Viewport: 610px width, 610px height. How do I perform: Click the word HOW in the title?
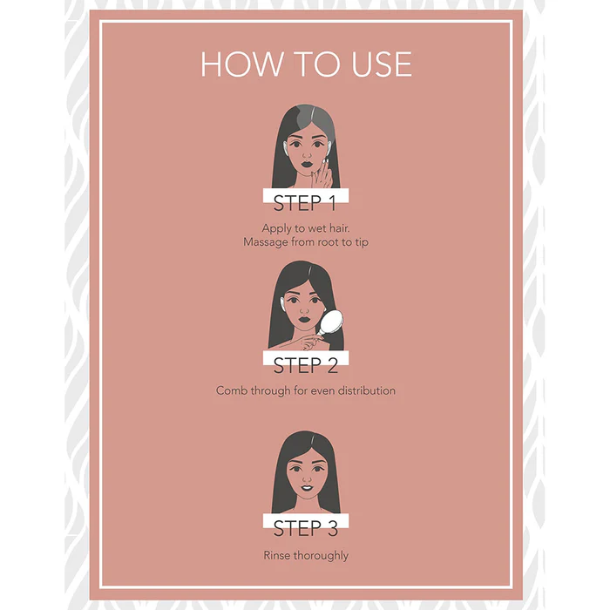tap(242, 64)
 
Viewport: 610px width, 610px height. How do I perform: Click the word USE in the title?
tap(382, 64)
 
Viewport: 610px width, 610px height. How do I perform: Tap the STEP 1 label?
tap(305, 203)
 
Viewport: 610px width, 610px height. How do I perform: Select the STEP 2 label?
tap(306, 366)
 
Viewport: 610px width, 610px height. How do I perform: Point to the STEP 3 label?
tap(306, 528)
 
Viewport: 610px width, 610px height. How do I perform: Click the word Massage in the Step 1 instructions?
tap(266, 242)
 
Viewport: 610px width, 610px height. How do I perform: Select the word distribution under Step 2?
tap(367, 390)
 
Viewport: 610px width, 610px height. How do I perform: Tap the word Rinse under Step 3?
tap(276, 555)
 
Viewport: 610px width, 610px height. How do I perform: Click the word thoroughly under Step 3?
tap(321, 556)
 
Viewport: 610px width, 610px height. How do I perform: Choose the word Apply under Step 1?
tap(277, 228)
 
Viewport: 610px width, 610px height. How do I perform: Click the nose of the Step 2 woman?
tap(305, 310)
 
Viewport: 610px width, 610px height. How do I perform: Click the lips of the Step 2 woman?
tap(304, 320)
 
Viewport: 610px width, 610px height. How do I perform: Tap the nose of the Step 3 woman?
tap(307, 478)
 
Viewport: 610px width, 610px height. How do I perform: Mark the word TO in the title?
tap(317, 64)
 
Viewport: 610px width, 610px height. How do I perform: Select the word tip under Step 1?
tap(362, 243)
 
